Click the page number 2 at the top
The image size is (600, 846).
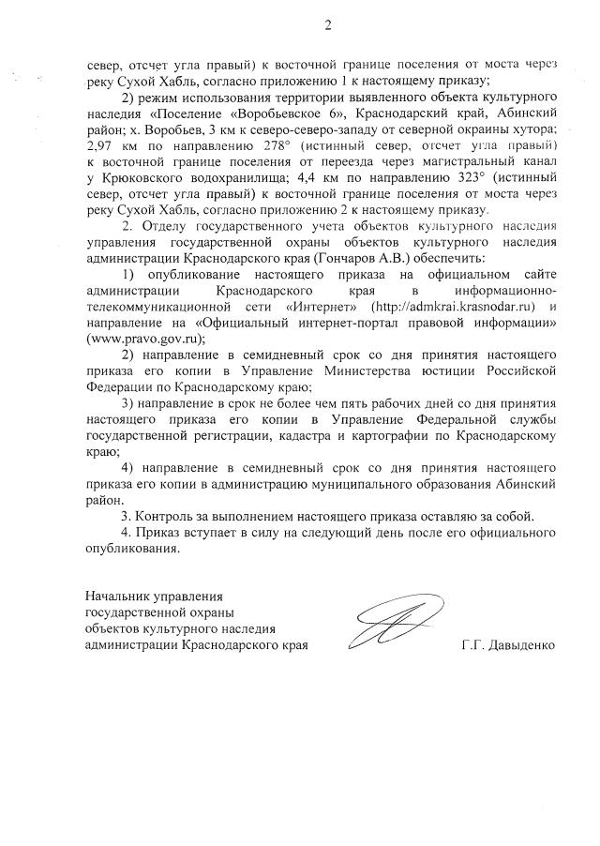click(327, 25)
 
